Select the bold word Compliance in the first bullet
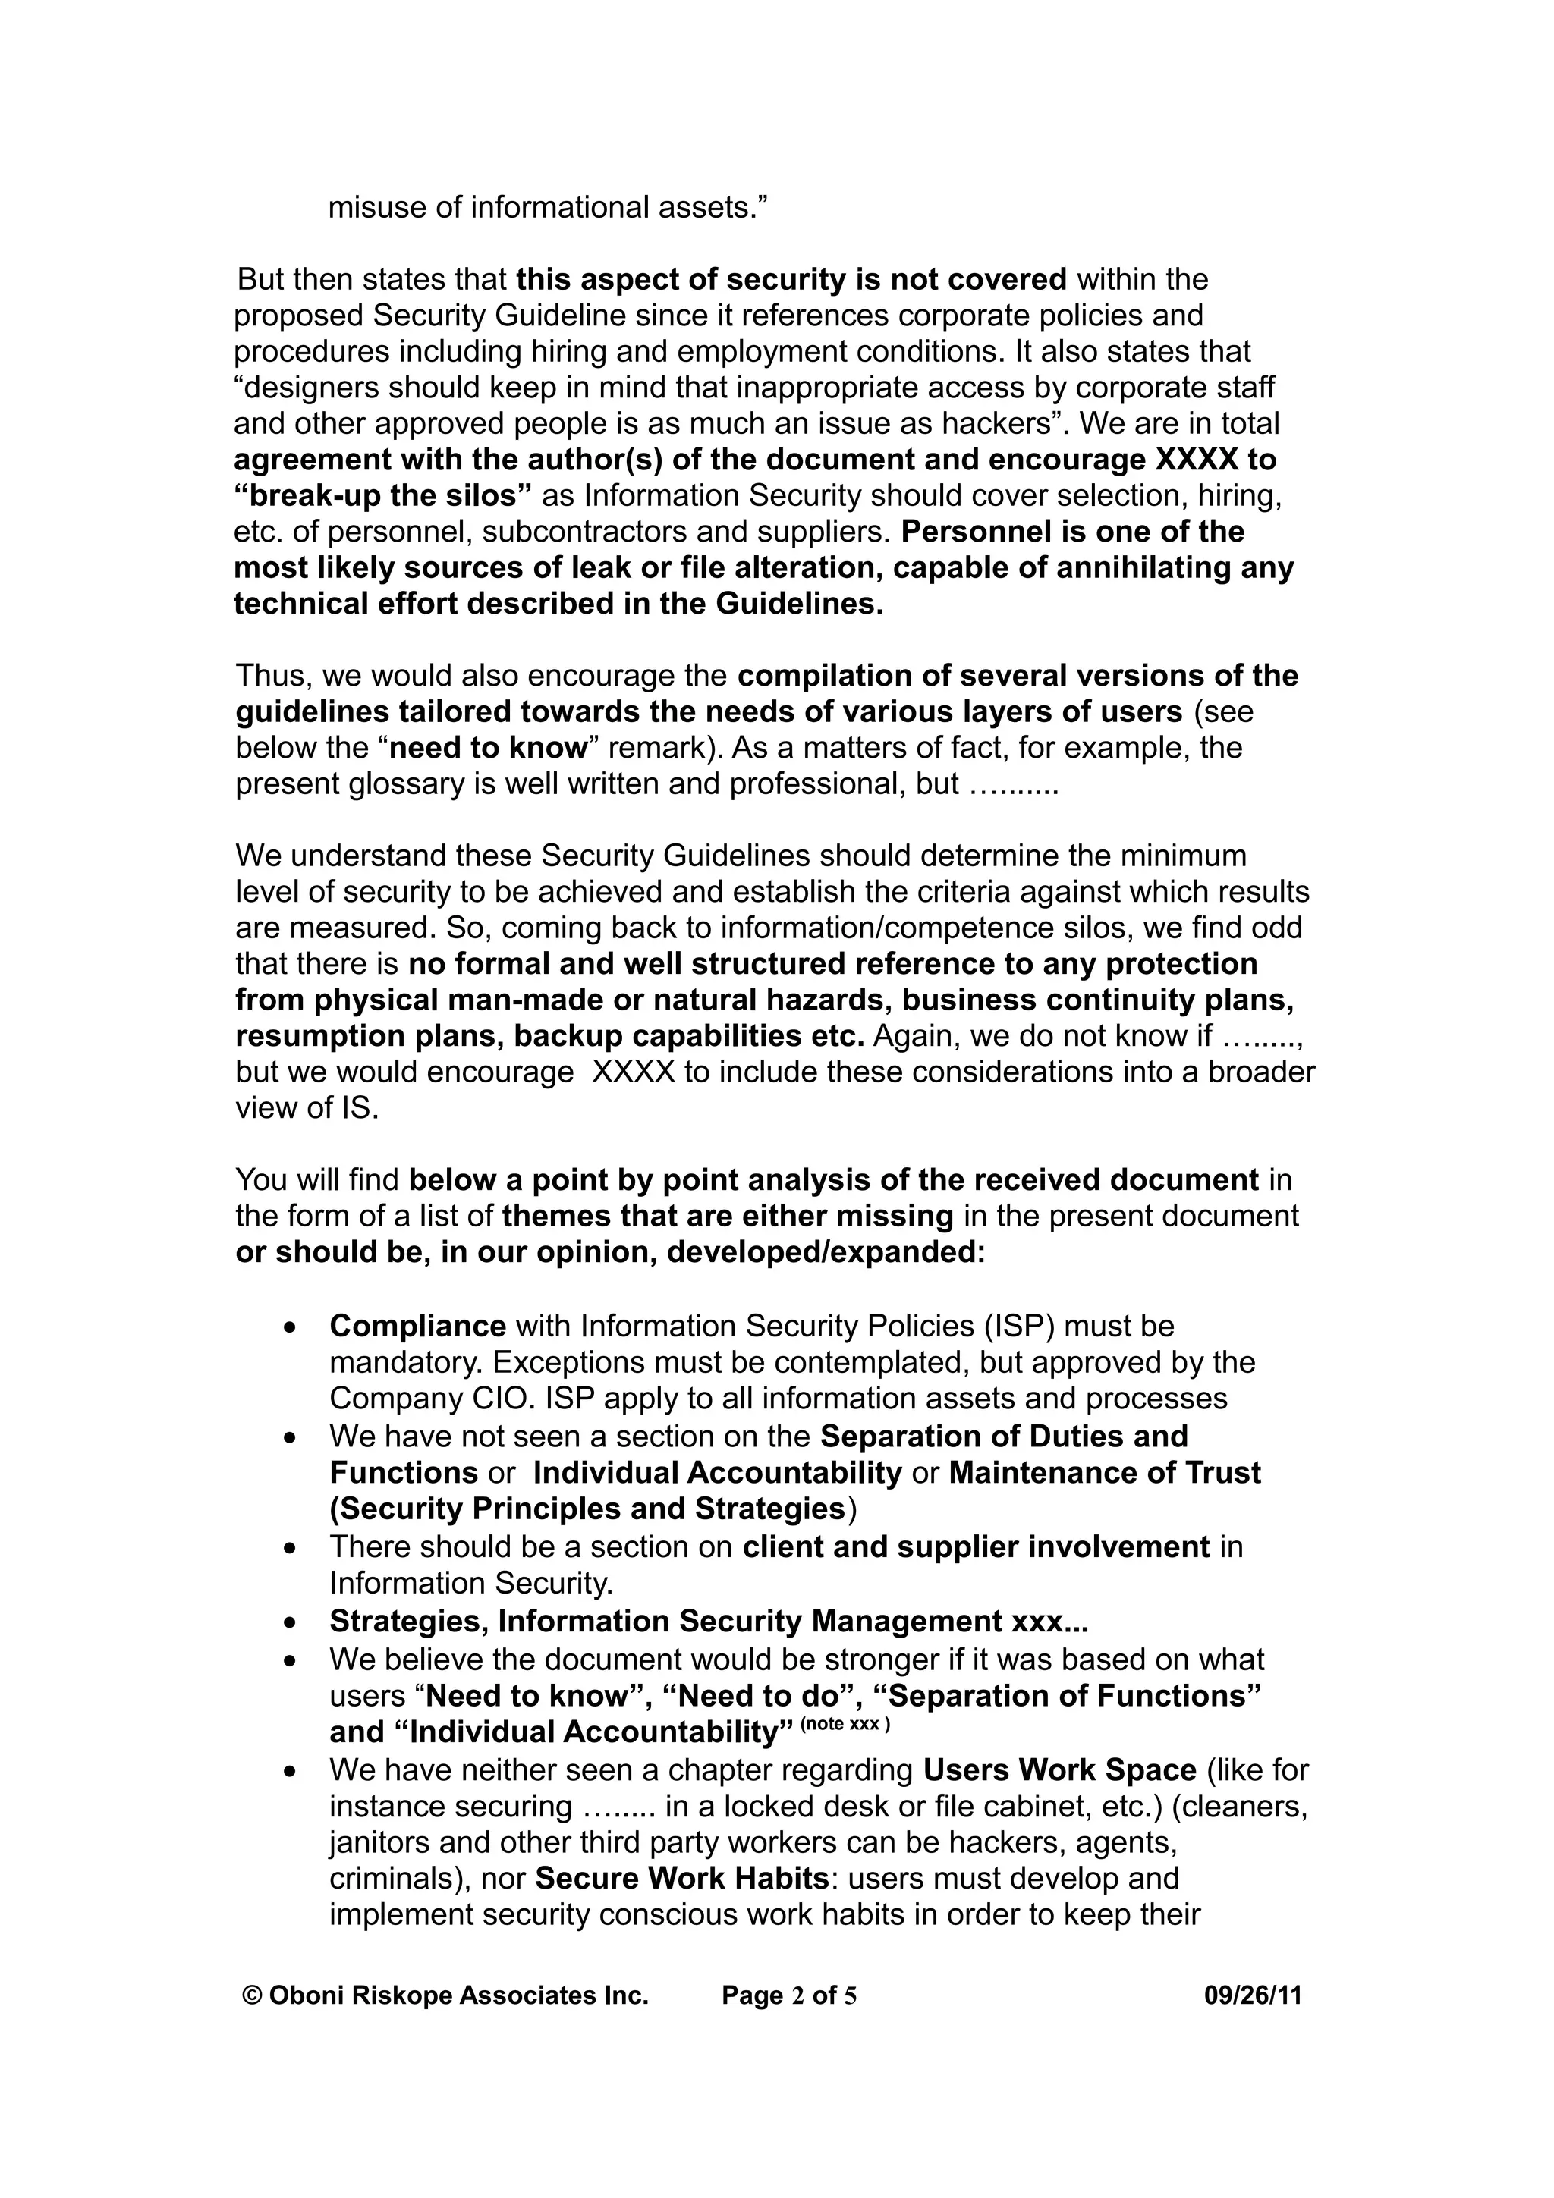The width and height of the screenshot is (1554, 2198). [417, 1326]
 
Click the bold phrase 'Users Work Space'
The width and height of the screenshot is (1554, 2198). [1060, 1770]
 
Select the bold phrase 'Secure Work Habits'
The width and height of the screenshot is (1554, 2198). [681, 1878]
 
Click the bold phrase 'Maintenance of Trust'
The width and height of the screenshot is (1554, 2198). [1105, 1472]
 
